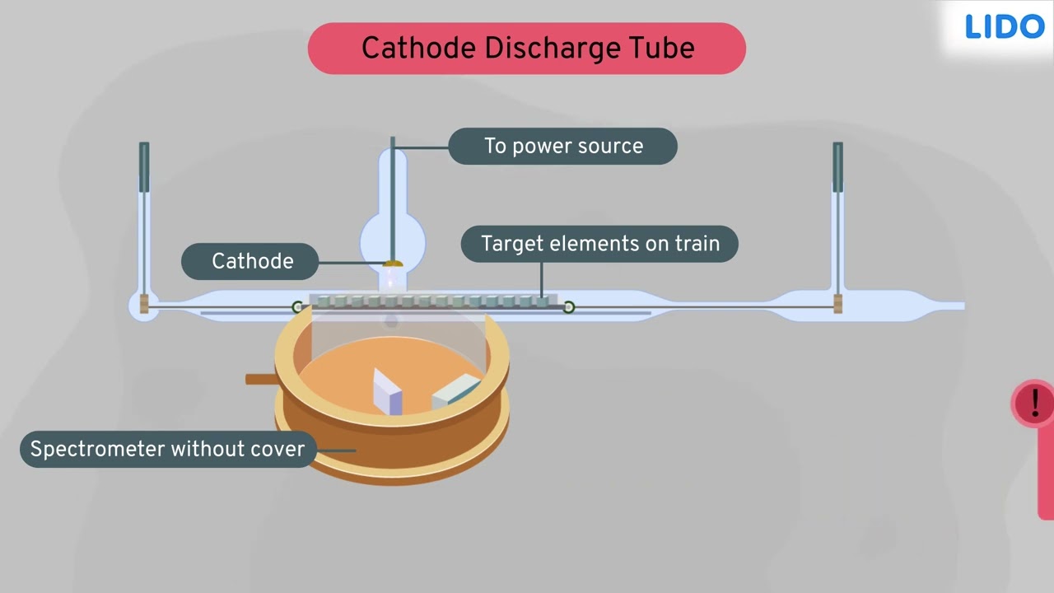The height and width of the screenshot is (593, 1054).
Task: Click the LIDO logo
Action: tap(1005, 26)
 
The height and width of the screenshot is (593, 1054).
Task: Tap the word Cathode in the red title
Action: tap(418, 48)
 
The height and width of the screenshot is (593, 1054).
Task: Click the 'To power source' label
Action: tap(562, 146)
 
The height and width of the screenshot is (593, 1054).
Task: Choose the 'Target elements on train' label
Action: tap(599, 244)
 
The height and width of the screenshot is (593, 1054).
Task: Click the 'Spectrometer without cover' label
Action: tap(168, 449)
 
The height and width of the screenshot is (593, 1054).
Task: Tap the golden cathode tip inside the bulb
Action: tap(393, 264)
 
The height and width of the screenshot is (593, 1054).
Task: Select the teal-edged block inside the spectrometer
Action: tap(456, 391)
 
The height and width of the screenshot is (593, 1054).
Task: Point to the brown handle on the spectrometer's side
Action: tap(262, 379)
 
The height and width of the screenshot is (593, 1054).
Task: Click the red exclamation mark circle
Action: tap(1033, 404)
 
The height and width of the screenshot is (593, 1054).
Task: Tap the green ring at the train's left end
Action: tap(297, 307)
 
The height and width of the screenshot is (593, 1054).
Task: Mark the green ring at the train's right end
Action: tap(569, 307)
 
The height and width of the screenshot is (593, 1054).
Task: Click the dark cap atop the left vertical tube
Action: tap(144, 167)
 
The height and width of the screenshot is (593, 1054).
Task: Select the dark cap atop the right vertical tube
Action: tap(837, 167)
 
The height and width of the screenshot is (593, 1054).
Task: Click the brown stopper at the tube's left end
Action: tap(144, 304)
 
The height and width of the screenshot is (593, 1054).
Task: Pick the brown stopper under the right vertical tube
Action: tap(837, 304)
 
